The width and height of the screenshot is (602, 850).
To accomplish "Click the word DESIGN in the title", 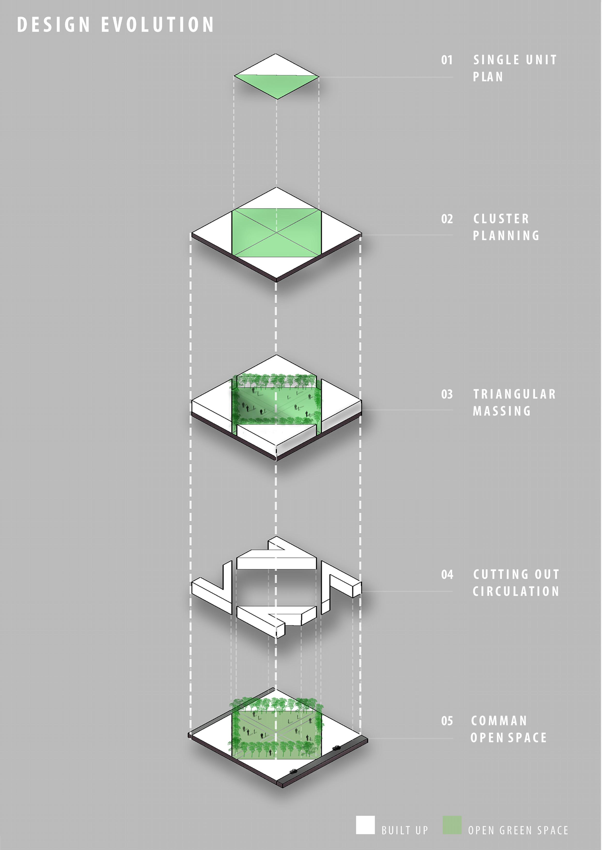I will (53, 25).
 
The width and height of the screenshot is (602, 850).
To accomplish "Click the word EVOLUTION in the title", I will (157, 25).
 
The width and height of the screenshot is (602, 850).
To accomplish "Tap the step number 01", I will (447, 60).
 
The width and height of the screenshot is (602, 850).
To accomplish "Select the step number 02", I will (447, 219).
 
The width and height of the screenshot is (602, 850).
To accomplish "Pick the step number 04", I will (447, 575).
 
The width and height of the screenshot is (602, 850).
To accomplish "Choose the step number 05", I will (447, 721).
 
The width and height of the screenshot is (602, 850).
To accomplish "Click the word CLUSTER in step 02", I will (501, 219).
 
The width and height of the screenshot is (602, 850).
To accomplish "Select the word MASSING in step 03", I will (501, 411).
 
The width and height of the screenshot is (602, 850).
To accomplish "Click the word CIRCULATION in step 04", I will (516, 592).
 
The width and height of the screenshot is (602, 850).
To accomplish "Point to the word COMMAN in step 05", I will (499, 721).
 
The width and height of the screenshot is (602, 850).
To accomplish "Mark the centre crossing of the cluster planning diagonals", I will (276, 233).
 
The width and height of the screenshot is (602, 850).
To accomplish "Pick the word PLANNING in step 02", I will (506, 236).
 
